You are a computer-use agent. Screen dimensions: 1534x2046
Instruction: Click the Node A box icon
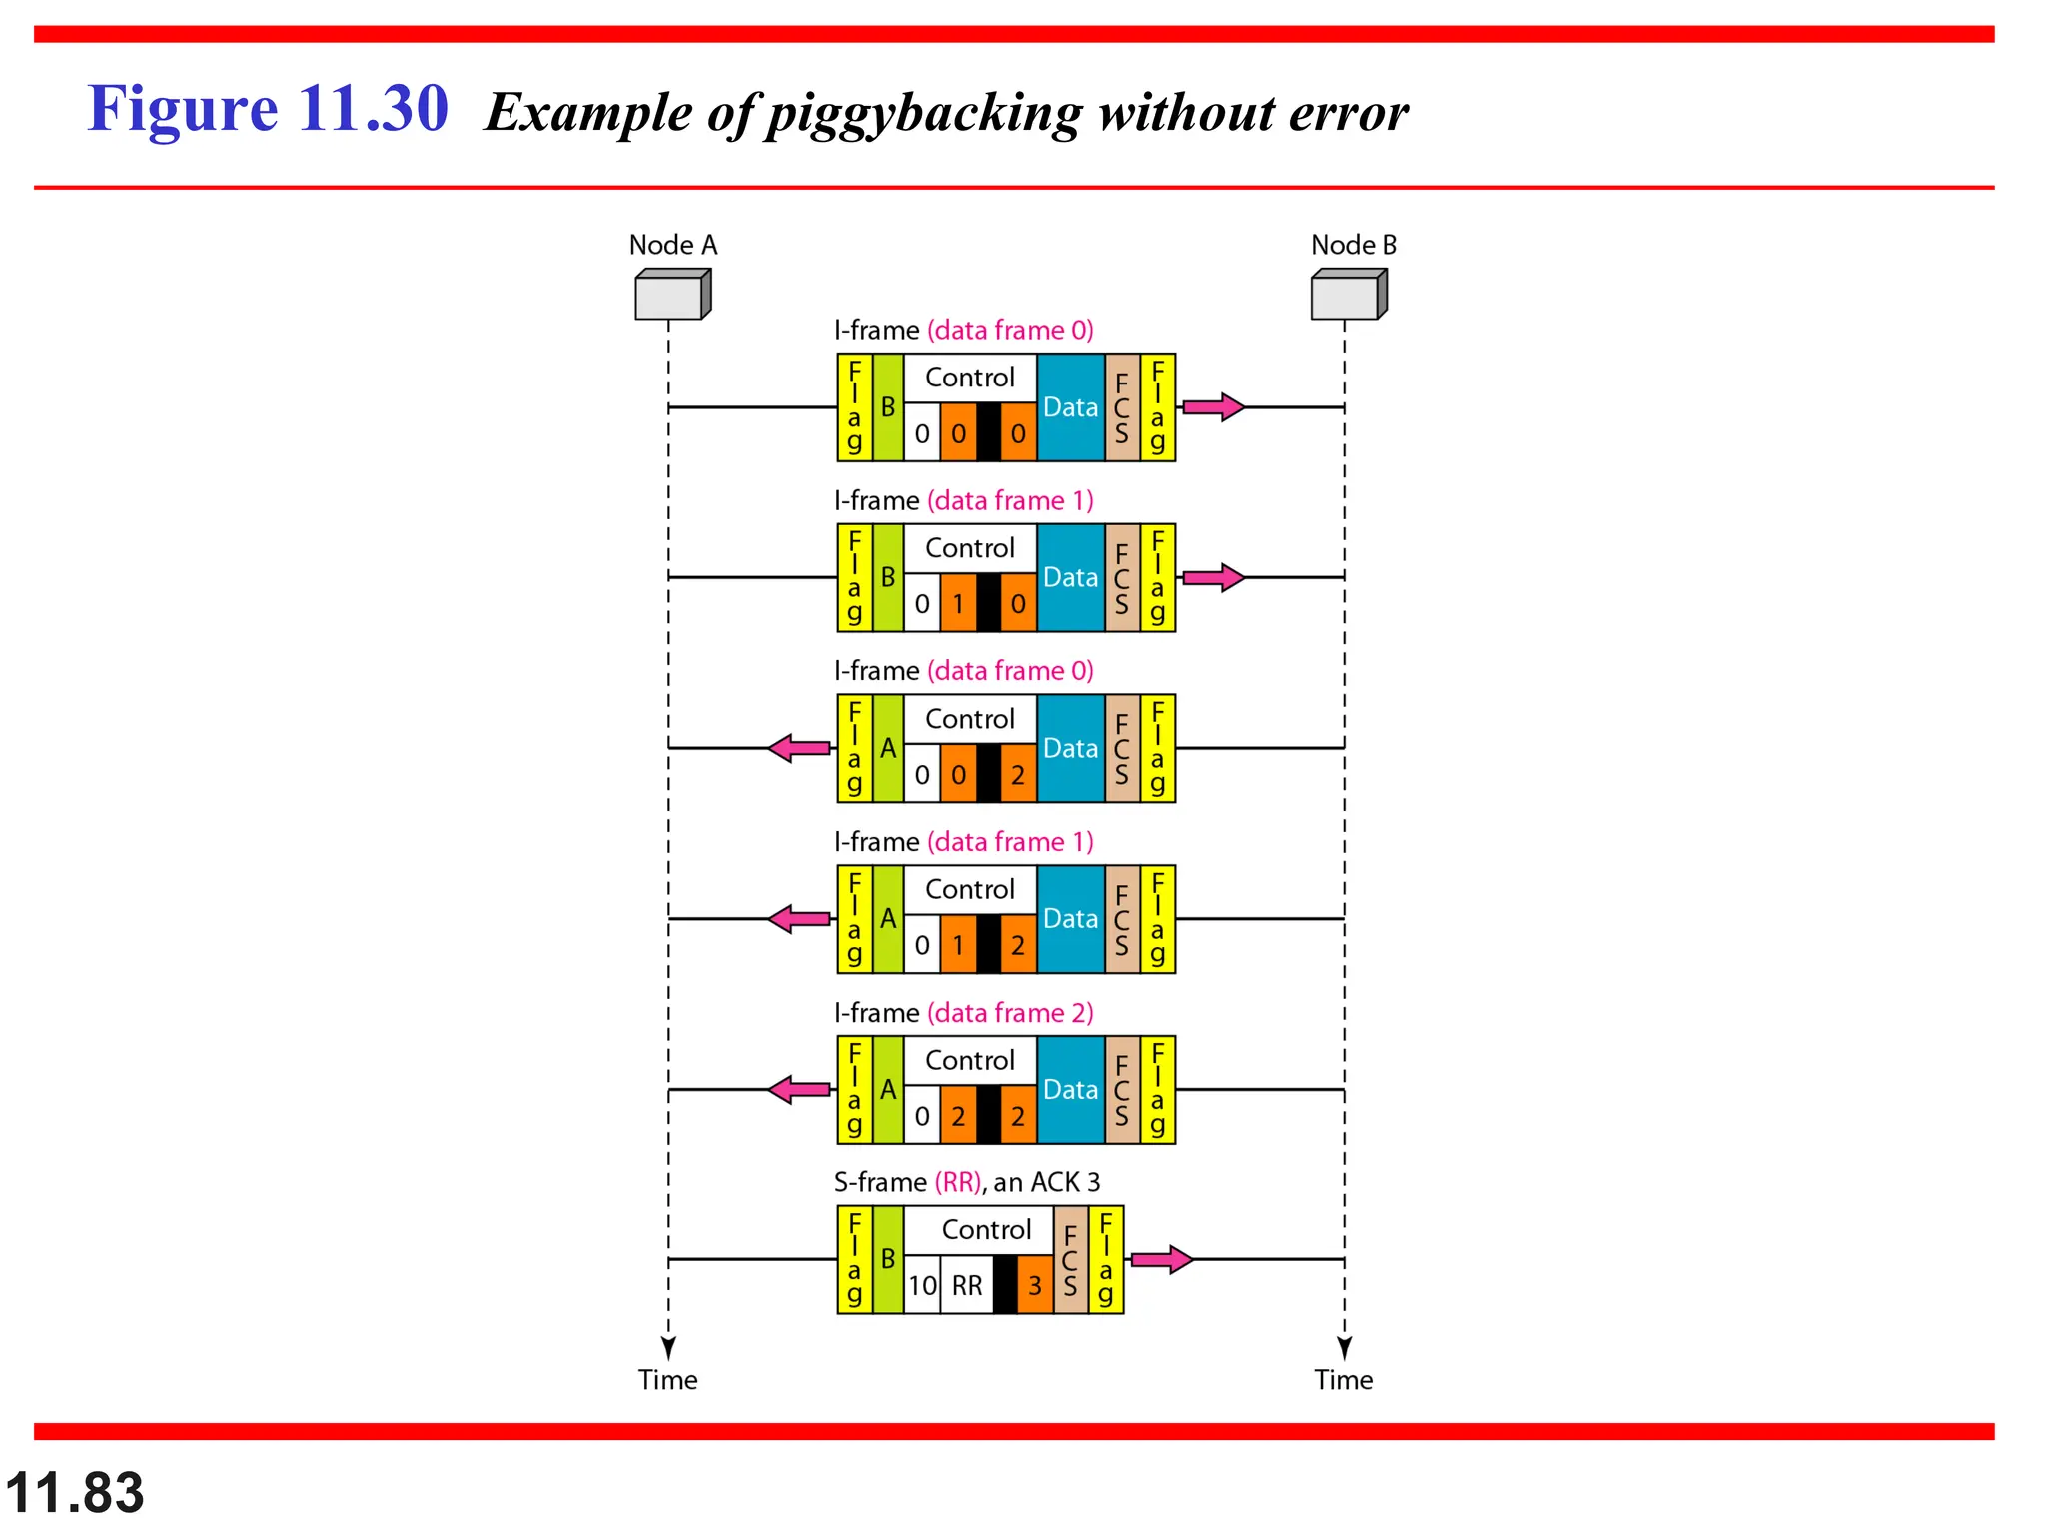click(x=672, y=295)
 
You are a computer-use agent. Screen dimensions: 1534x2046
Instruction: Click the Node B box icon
click(x=1348, y=295)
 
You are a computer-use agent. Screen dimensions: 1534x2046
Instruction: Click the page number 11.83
click(x=75, y=1493)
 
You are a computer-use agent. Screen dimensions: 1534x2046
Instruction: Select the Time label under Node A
click(x=667, y=1380)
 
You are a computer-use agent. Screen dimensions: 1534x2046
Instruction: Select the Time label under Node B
click(x=1343, y=1380)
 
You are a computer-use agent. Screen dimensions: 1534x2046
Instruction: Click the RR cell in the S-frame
click(x=966, y=1285)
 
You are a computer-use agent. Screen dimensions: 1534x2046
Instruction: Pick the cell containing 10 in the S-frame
click(x=922, y=1285)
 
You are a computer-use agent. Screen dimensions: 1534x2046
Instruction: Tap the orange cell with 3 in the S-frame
click(x=1035, y=1285)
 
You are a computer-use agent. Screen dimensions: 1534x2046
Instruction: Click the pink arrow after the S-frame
click(x=1162, y=1259)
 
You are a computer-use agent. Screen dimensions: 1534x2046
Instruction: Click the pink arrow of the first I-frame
click(x=1213, y=406)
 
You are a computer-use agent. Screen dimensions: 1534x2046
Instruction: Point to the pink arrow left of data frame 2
click(x=799, y=1089)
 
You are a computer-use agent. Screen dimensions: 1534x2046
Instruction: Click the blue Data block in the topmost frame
click(x=1070, y=407)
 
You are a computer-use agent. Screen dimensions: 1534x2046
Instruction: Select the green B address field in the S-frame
click(x=888, y=1259)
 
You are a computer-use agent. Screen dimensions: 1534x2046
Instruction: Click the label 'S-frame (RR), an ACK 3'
click(x=966, y=1182)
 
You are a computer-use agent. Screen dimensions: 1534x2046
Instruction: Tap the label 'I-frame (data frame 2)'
click(x=963, y=1013)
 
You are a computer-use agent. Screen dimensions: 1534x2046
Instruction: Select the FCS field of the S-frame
click(x=1070, y=1259)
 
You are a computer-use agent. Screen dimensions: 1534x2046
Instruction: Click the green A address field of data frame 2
click(x=888, y=1089)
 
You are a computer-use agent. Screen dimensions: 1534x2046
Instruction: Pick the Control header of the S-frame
click(x=985, y=1230)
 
